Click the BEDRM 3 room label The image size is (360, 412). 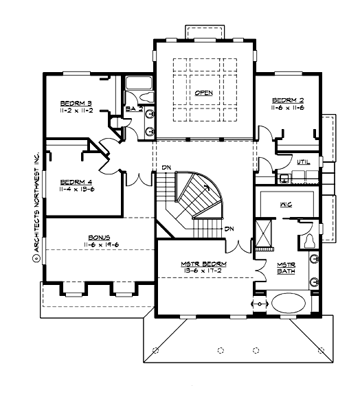pos(76,103)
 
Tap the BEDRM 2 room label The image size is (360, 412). pos(287,100)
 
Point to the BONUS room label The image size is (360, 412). pos(82,236)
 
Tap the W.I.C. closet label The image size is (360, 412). pos(286,205)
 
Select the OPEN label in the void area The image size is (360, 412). pos(203,93)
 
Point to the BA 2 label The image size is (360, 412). pos(133,108)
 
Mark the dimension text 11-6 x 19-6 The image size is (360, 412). pos(82,244)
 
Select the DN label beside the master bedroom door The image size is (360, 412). pos(230,229)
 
